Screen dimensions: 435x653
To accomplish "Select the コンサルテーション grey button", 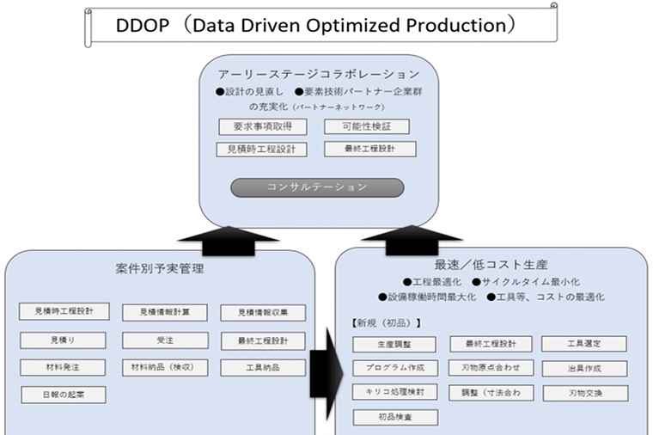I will click(x=317, y=187).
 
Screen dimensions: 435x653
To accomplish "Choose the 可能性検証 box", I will click(x=367, y=126).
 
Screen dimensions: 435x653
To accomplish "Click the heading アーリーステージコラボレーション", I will click(x=318, y=75).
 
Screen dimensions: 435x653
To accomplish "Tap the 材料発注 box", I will click(x=63, y=367).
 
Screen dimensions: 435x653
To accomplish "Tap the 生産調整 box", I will click(x=394, y=345).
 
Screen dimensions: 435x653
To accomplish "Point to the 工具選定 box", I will click(x=584, y=344).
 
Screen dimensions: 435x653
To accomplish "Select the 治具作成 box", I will click(x=584, y=369).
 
